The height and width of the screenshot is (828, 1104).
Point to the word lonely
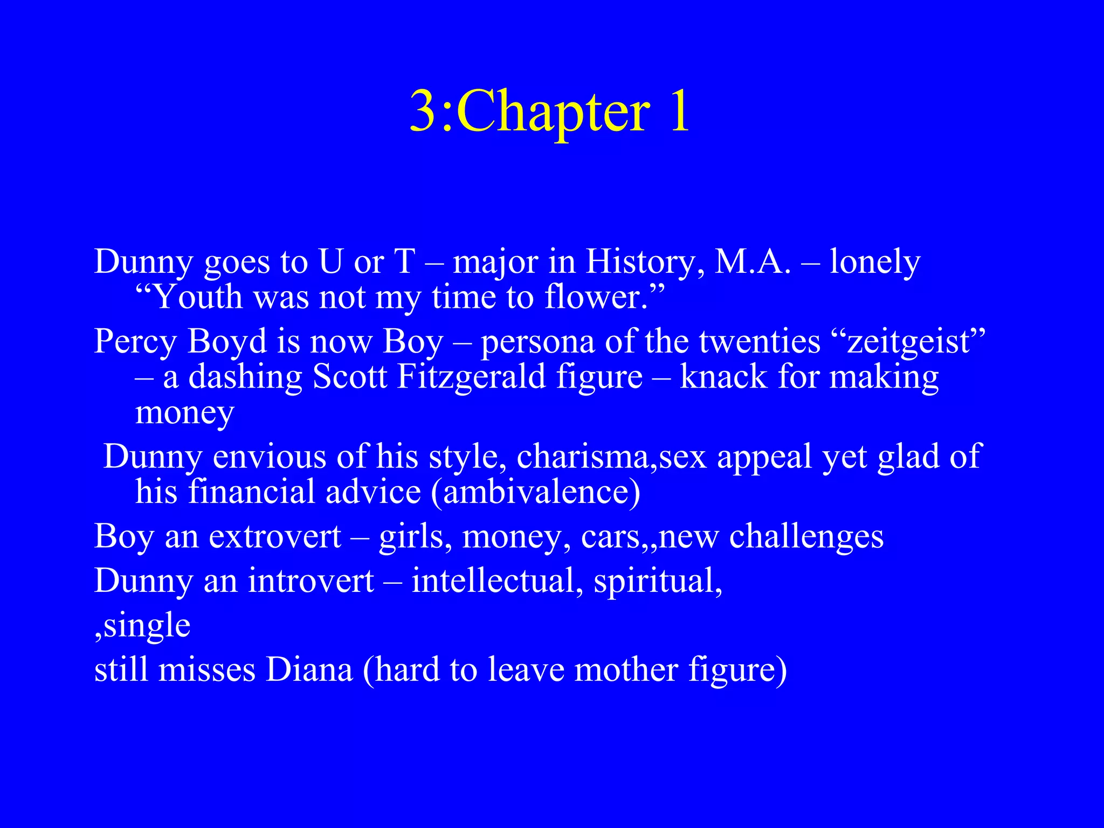tap(874, 263)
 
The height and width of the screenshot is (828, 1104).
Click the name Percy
tap(135, 342)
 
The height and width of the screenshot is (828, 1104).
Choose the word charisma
tap(585, 457)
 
